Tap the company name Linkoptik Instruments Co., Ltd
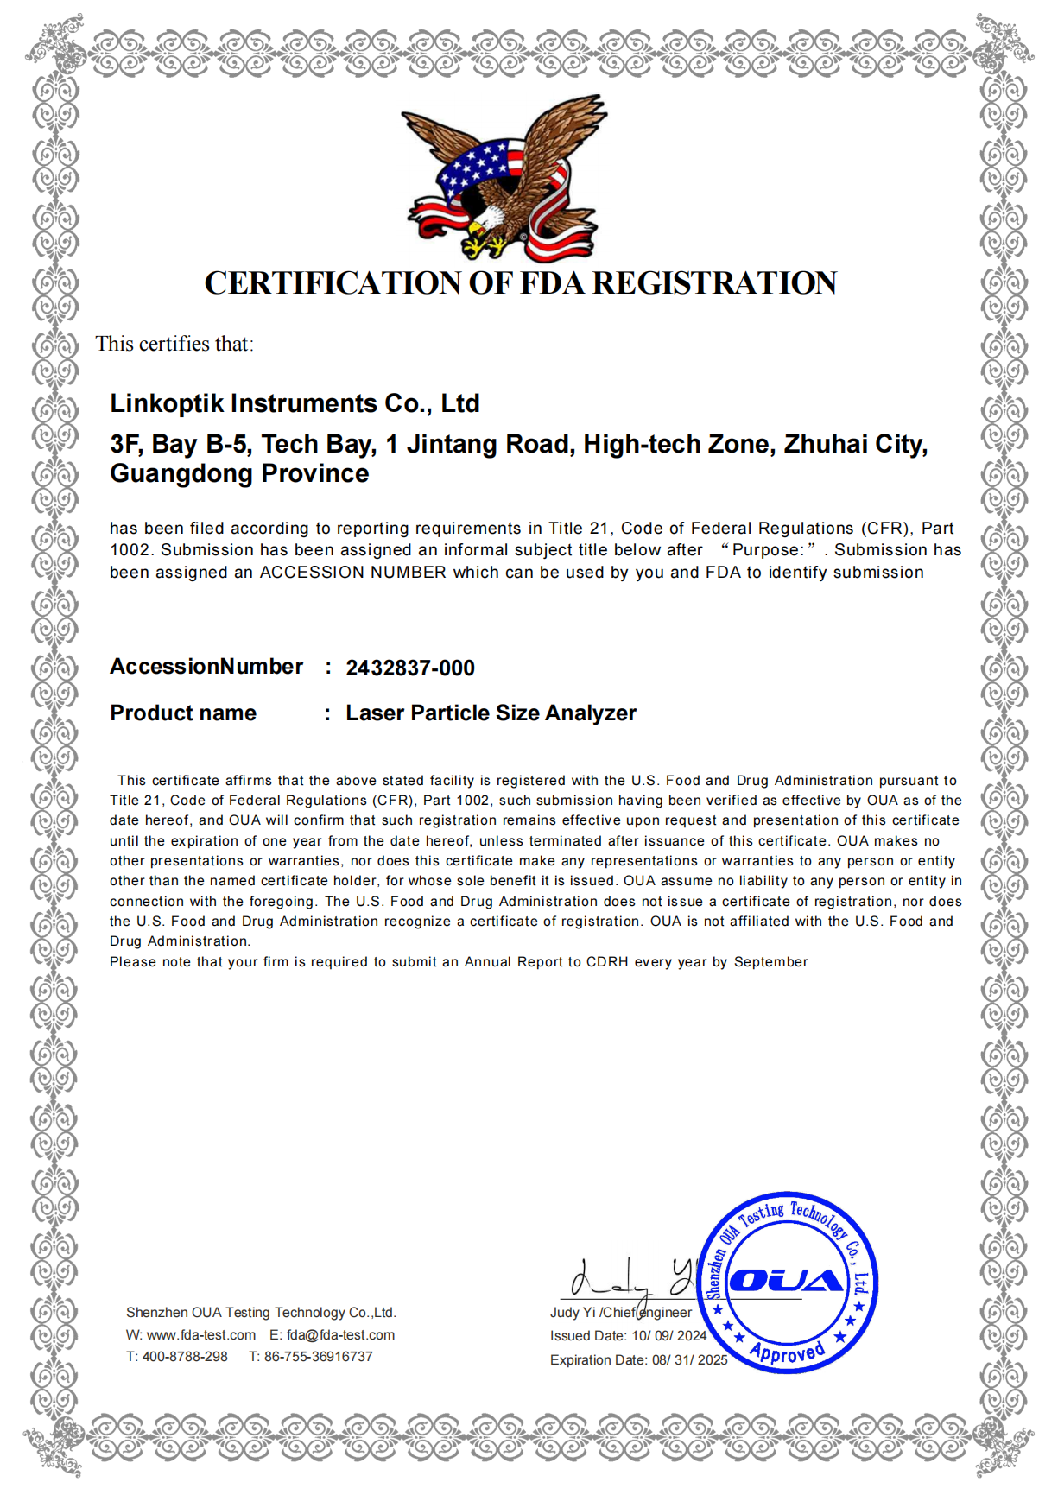pos(295,403)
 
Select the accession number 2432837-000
pos(410,668)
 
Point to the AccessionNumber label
pos(206,667)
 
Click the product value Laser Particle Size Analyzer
pos(491,713)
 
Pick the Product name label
pos(183,713)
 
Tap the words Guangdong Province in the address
pos(239,474)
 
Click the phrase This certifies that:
pos(174,344)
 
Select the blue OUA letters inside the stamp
pos(786,1280)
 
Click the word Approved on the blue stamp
pos(787,1351)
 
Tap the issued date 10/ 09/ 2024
pos(668,1336)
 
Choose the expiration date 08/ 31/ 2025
pos(689,1360)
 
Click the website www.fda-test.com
pos(201,1335)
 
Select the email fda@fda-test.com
pos(340,1335)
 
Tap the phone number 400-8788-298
pos(185,1357)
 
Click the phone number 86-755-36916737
pos(319,1357)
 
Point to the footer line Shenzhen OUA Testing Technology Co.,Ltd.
pos(261,1313)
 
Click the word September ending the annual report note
pos(770,962)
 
